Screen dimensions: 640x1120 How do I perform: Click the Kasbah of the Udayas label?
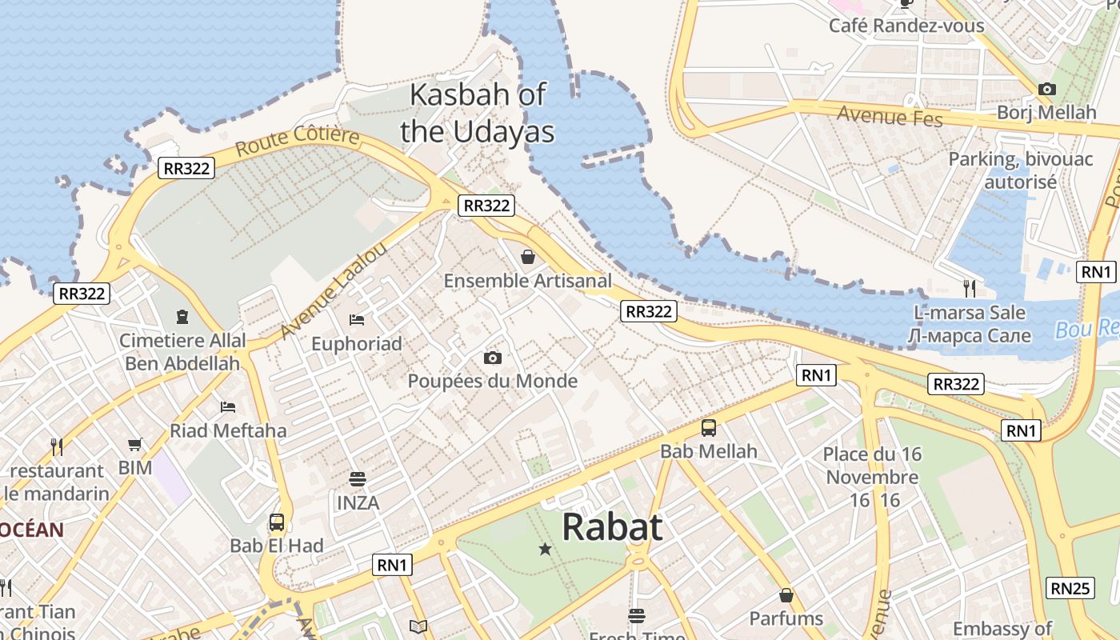[x=477, y=113]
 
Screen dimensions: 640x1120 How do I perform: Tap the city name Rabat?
[x=612, y=527]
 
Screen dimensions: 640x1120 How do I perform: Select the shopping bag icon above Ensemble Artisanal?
[x=528, y=257]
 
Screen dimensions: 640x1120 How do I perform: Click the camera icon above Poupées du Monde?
[x=493, y=358]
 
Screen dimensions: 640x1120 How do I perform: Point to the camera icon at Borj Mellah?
[x=1046, y=89]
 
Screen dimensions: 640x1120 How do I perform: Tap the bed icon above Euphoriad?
[x=357, y=320]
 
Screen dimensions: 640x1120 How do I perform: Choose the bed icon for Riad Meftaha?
[x=228, y=407]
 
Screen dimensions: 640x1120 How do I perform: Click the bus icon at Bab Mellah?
[x=709, y=428]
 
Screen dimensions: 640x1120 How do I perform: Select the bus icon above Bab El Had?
[x=277, y=523]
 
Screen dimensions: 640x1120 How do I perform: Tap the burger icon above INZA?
[x=358, y=479]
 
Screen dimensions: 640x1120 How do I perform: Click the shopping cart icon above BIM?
[x=135, y=444]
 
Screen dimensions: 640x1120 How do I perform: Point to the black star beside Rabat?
[x=545, y=549]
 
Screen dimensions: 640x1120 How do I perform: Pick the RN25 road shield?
[x=1070, y=588]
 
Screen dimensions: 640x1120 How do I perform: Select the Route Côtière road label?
[x=298, y=141]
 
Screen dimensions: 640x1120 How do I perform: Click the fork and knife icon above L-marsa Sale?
[x=969, y=287]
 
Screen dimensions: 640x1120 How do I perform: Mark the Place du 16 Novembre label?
[x=872, y=466]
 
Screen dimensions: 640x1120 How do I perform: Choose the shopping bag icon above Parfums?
[x=786, y=595]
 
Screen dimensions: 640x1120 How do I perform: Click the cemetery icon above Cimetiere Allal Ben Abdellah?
[x=182, y=317]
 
